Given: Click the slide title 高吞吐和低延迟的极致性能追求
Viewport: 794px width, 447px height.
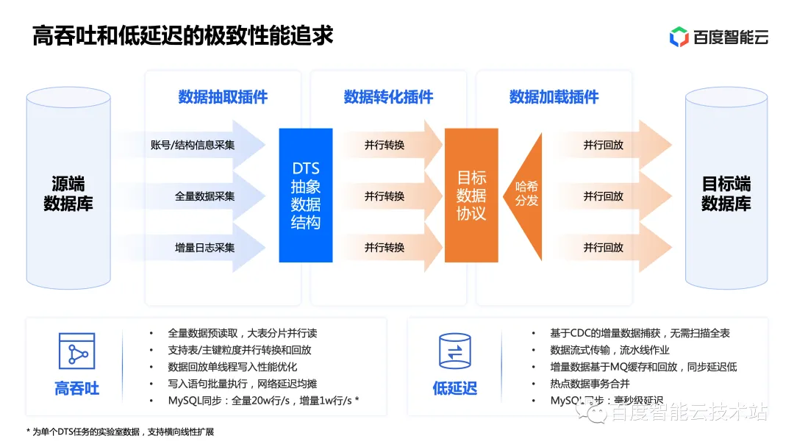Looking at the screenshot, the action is coord(183,35).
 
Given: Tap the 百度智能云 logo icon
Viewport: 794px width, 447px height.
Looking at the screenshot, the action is coord(678,36).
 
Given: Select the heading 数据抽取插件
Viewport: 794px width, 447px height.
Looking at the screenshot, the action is coord(223,97).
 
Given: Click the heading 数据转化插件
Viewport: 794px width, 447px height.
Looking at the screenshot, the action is coord(388,97).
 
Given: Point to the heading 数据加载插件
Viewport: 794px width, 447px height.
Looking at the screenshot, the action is coord(554,97).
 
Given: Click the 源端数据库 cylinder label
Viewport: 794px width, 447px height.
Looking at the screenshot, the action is coord(68,193).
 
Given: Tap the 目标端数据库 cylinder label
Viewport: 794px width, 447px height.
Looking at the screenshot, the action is coord(726,193).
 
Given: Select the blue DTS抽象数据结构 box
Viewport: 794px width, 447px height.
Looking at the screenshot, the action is coord(306,196).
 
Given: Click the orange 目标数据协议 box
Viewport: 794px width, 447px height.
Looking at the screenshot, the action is coord(471,196).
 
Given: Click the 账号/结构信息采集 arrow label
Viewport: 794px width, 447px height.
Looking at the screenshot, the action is coord(193,145).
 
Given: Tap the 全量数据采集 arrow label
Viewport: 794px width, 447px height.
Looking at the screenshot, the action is coord(204,196).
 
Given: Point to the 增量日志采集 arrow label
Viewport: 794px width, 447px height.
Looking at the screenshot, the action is coord(204,248).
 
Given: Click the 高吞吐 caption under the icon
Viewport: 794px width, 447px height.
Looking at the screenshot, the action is coord(76,388).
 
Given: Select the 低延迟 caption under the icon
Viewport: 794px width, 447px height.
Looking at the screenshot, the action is coord(454,388).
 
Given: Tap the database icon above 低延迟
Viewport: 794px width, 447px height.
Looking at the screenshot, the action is coord(454,351).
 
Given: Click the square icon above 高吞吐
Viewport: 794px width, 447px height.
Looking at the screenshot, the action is coord(76,351).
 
